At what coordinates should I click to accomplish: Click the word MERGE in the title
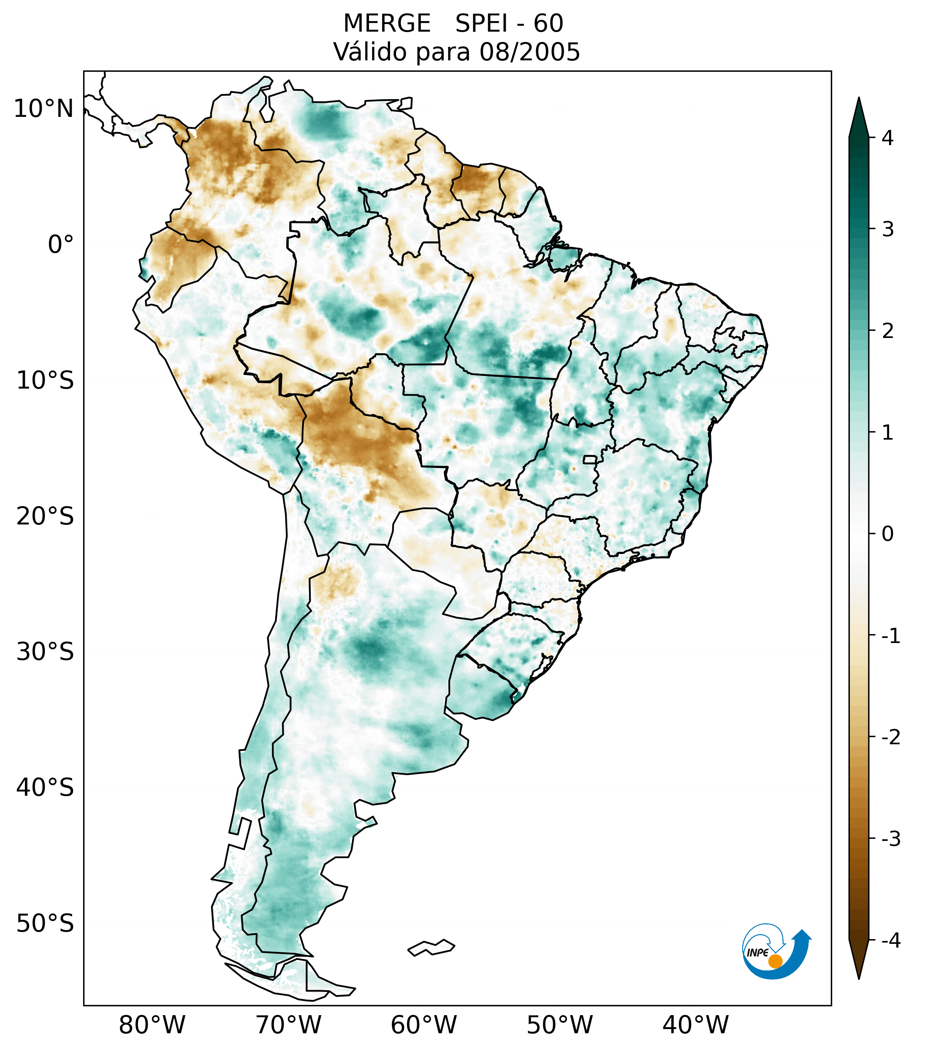coord(386,24)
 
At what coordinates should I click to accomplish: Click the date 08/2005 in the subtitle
coord(529,52)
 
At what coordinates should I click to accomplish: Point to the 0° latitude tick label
coord(60,245)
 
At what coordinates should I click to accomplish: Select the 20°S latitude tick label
coord(45,516)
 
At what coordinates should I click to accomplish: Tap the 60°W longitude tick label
coord(423,1025)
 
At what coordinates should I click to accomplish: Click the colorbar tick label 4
coord(887,138)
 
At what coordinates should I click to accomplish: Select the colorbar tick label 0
coord(887,534)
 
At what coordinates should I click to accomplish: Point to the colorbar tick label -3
coord(890,839)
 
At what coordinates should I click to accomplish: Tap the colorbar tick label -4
coord(890,941)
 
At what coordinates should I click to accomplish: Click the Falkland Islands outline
coord(431,947)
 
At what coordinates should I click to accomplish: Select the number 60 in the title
coord(548,24)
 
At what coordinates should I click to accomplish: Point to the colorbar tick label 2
coord(887,331)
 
